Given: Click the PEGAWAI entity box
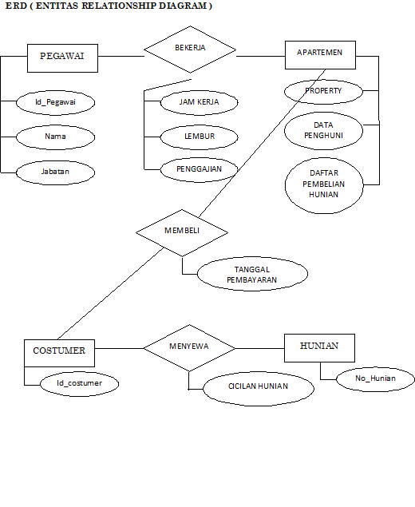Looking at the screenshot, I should click(x=62, y=57).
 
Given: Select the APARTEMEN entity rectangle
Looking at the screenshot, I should click(x=319, y=53).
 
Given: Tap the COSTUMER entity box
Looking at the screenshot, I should click(x=59, y=351).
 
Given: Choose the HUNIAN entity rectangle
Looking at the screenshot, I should click(x=319, y=347).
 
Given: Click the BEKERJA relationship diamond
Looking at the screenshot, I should click(x=190, y=48).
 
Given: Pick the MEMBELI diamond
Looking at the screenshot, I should click(x=182, y=232).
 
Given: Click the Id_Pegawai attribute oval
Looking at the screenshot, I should click(x=55, y=102).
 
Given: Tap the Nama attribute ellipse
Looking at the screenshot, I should click(x=55, y=137).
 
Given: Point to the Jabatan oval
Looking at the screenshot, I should click(x=55, y=171).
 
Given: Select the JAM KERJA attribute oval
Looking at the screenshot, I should click(x=199, y=102).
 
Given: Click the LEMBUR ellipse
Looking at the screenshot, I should click(x=199, y=137).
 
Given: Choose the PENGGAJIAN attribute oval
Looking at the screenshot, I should click(x=199, y=168).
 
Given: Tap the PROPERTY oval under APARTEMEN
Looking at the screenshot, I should click(x=323, y=91).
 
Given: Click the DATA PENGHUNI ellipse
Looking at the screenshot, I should click(x=323, y=130).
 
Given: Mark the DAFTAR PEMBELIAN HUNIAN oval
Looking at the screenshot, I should click(x=323, y=184).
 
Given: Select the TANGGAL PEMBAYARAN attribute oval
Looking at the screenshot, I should click(x=251, y=275).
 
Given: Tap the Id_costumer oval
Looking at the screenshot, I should click(x=80, y=383).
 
